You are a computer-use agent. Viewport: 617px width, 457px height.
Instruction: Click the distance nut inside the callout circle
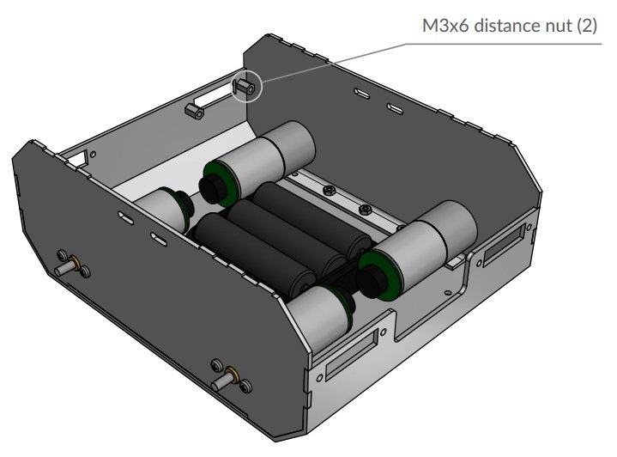(x=245, y=86)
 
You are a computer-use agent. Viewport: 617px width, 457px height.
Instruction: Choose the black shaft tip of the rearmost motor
(x=209, y=186)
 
